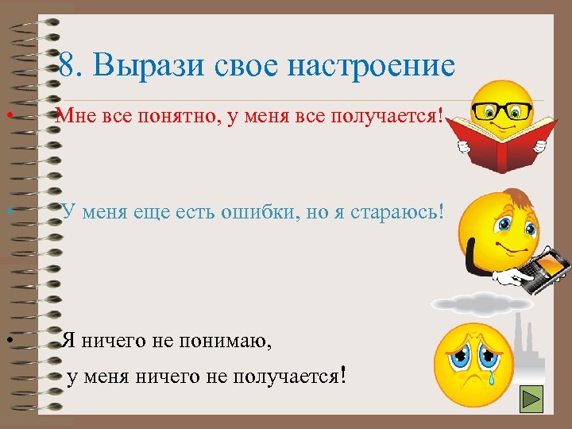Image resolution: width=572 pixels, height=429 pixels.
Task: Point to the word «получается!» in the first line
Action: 390,118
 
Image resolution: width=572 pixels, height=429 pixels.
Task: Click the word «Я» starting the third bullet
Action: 69,342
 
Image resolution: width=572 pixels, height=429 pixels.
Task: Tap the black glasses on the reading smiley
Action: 500,110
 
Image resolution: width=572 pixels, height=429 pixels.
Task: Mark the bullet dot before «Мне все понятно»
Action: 6,118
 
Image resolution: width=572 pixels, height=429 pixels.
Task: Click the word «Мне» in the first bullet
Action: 77,118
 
